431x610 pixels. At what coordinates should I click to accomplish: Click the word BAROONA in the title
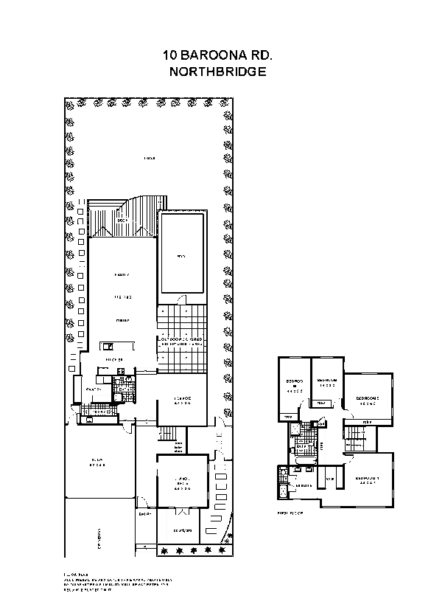215,55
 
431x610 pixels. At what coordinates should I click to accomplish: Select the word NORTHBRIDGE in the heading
215,72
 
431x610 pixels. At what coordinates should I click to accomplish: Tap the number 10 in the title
170,55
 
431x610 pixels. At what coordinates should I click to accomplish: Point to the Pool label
181,257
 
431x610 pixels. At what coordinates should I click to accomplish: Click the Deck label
123,221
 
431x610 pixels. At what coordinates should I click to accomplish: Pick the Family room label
122,275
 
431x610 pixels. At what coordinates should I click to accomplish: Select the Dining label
122,321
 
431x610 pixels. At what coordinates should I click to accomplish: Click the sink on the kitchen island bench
108,345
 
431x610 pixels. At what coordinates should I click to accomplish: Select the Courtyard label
182,530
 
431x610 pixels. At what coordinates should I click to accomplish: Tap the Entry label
145,515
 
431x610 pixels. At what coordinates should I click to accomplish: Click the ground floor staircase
169,434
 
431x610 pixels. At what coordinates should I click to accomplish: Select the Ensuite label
303,485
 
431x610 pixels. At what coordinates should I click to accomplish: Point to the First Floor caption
288,510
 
